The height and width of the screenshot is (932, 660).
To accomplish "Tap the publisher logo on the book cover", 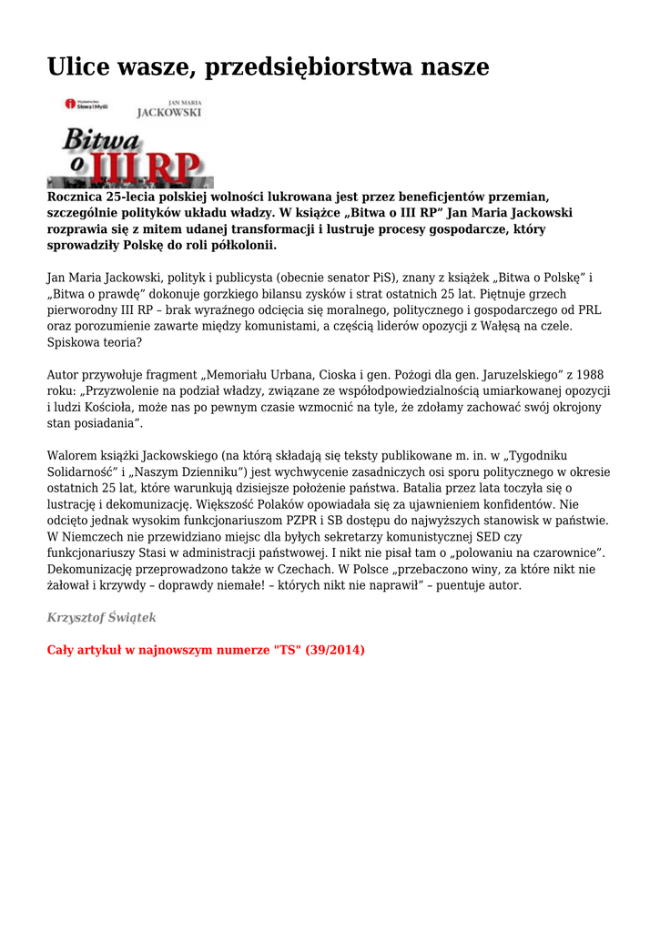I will point(86,105).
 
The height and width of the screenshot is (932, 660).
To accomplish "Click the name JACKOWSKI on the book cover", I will point(169,114).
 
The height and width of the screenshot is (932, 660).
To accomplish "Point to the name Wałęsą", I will point(496,327).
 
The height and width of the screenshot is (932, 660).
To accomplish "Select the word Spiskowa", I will point(74,343).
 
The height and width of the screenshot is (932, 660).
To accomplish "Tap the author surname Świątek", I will point(132,618).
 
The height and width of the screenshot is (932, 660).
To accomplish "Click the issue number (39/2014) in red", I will point(335,651).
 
